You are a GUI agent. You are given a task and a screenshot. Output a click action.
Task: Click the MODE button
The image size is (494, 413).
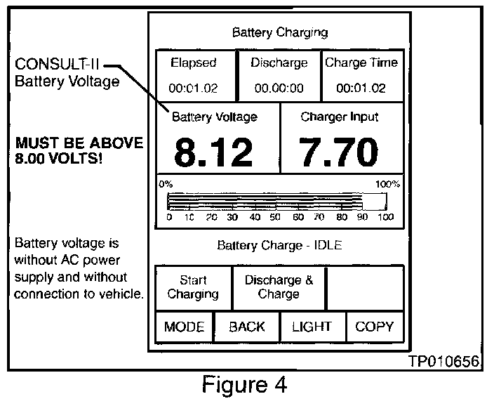(185, 327)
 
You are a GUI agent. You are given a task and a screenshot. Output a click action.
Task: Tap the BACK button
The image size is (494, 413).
(247, 327)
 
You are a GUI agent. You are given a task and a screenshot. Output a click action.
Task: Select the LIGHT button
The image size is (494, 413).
(313, 327)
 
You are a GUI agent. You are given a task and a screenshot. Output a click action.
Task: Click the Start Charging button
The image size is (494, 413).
(193, 287)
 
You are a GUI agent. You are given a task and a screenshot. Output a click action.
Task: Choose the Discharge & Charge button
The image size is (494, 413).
(279, 287)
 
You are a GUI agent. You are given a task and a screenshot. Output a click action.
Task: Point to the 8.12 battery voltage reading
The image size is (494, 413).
(213, 152)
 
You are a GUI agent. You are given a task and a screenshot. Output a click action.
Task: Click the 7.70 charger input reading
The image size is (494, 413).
(339, 152)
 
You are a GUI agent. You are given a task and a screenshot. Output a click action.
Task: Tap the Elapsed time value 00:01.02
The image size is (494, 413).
(194, 88)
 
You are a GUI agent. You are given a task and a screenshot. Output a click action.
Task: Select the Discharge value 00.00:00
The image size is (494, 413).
(279, 88)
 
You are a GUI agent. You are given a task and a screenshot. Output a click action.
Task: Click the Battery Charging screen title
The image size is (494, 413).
(279, 32)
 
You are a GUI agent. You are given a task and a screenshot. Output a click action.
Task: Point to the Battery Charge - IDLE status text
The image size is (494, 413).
(279, 245)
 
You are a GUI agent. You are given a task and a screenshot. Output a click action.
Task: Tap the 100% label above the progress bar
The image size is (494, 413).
(387, 185)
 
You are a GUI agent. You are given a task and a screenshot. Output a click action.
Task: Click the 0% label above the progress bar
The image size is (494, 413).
(166, 185)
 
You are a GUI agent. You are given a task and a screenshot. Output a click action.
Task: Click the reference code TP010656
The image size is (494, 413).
(443, 362)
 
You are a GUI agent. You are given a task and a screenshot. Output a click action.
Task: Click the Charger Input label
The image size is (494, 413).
(340, 117)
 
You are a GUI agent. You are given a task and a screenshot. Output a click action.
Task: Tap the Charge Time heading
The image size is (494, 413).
(361, 63)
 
